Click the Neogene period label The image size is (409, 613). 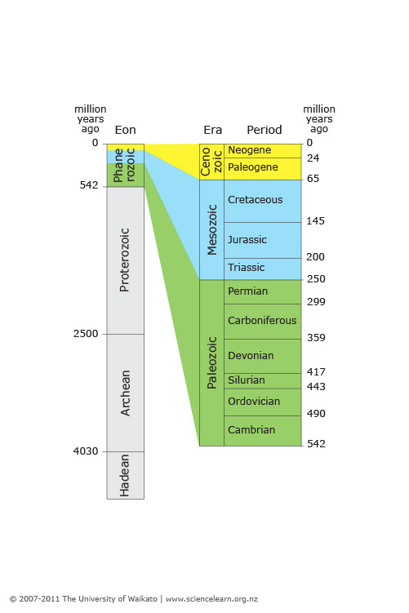[x=250, y=150]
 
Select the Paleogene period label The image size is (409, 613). [x=253, y=167]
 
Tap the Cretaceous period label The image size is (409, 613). [x=255, y=200]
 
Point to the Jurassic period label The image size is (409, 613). [x=247, y=240]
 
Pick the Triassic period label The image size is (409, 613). [x=247, y=268]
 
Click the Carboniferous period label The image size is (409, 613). [x=262, y=321]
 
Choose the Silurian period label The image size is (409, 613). [x=247, y=380]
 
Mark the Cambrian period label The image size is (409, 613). [x=251, y=429]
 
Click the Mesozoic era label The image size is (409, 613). [x=212, y=230]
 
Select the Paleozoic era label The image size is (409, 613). [x=212, y=362]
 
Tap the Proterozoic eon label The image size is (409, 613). [x=125, y=260]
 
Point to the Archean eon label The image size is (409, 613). [x=125, y=393]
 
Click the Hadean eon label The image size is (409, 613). [x=125, y=475]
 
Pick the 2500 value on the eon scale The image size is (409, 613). [x=86, y=334]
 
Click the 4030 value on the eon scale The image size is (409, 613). [x=86, y=451]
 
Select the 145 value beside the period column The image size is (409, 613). [x=316, y=221]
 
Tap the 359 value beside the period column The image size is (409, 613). [x=316, y=338]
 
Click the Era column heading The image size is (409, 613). [x=213, y=130]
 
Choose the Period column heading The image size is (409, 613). [x=265, y=130]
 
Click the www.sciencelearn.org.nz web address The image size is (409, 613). [x=211, y=599]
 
